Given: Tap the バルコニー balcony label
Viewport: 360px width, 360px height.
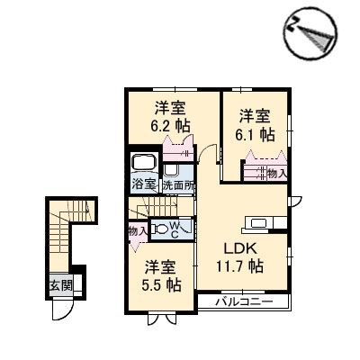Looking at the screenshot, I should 243,302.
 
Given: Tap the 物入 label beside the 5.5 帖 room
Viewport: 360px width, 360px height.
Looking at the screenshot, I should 138,232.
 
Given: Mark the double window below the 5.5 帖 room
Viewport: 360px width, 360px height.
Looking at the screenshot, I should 163,316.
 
